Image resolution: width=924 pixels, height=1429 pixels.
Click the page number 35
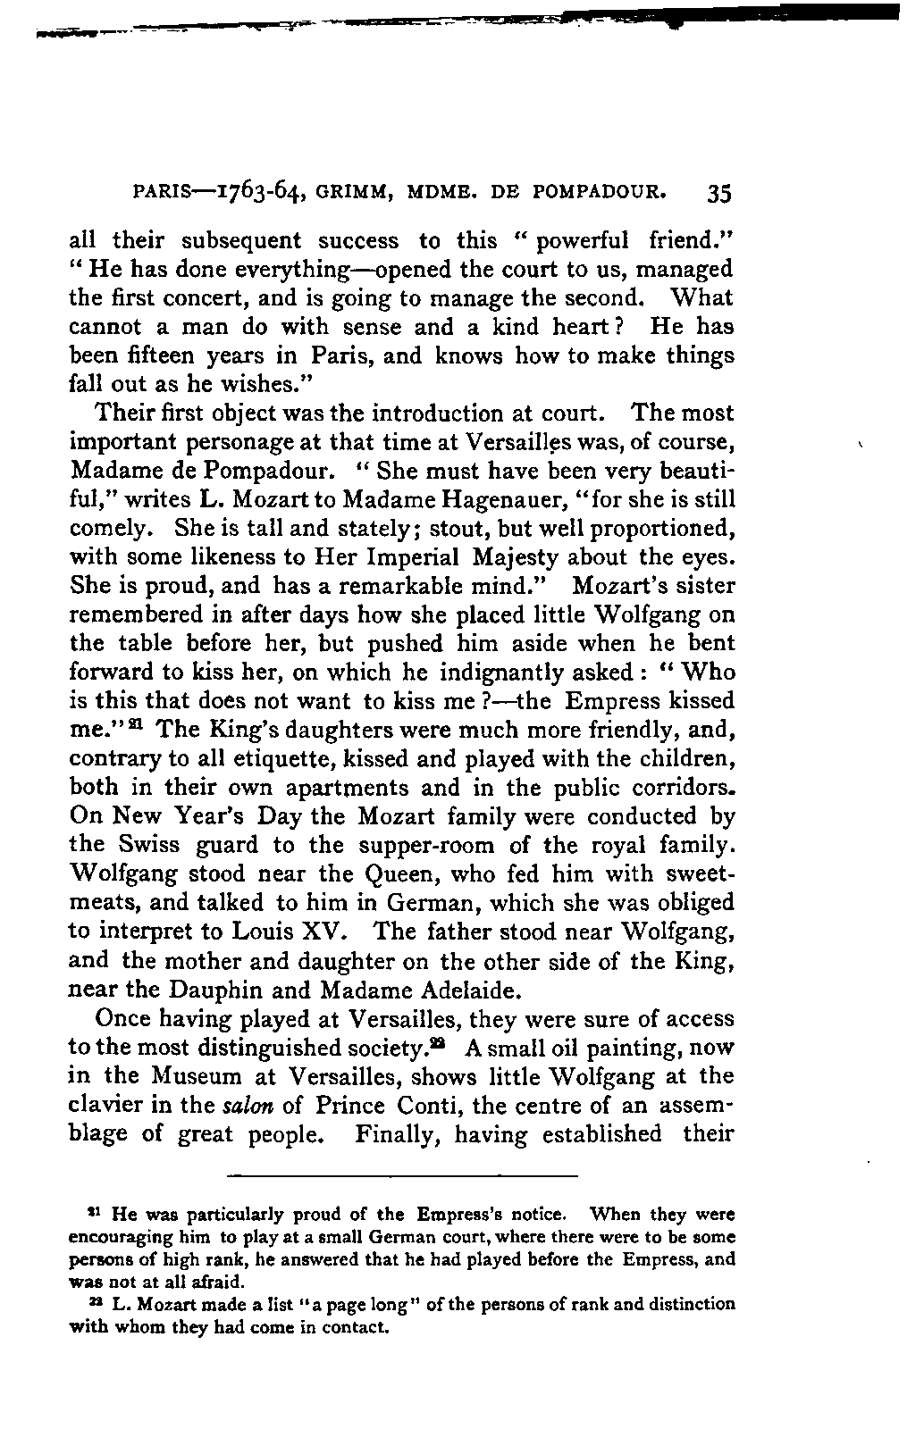pos(718,195)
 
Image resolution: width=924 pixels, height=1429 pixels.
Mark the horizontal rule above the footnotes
pos(403,1173)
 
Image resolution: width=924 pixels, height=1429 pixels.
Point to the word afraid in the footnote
pos(195,1280)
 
